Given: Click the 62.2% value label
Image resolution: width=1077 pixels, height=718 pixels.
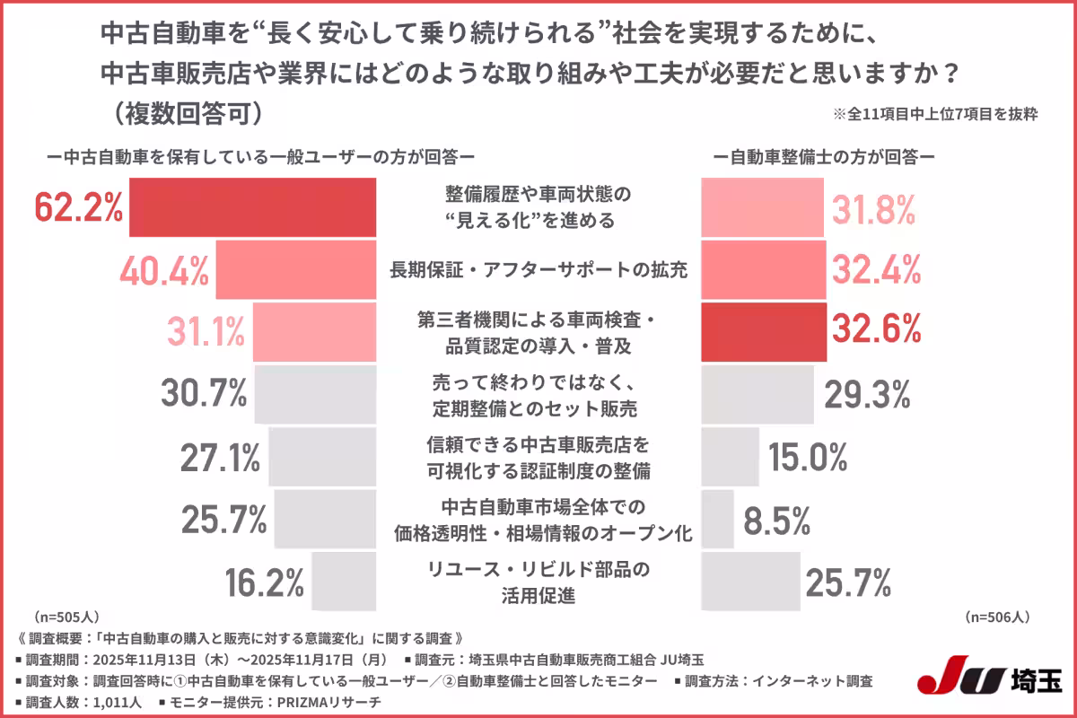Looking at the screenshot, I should (x=78, y=207).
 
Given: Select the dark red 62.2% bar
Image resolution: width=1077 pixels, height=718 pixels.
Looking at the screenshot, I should (x=252, y=207).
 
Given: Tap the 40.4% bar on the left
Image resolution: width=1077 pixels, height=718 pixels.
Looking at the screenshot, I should (x=295, y=269).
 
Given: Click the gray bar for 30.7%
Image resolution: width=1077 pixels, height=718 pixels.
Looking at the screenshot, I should (x=315, y=394).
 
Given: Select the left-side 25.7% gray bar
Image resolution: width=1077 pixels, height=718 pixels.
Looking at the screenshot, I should (x=325, y=519).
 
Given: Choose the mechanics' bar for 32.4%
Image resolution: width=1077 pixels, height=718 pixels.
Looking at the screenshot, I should (x=763, y=269).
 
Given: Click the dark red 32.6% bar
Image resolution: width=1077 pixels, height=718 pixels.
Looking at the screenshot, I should (x=763, y=332).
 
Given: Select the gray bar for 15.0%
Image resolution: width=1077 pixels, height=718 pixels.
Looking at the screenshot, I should (x=729, y=457).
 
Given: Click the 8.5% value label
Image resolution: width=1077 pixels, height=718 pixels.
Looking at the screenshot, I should (x=776, y=520).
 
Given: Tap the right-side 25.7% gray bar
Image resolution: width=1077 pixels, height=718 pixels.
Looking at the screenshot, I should (x=749, y=582).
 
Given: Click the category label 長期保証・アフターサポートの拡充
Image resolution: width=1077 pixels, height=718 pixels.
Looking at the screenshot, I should (x=538, y=269).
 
